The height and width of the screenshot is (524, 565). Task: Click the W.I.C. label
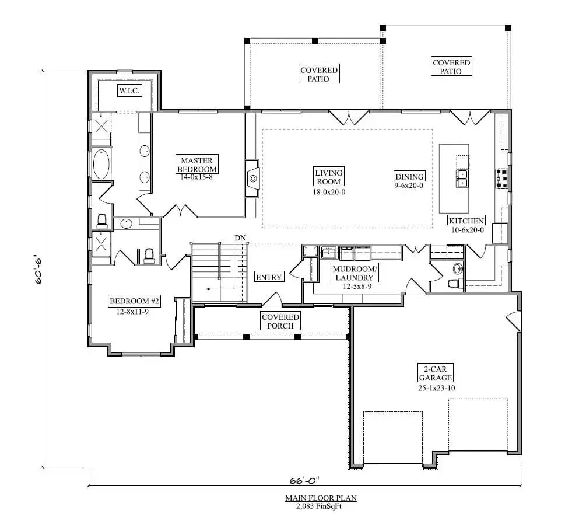[128, 90]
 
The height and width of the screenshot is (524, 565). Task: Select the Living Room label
[329, 177]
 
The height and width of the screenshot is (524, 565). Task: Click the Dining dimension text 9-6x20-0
[409, 186]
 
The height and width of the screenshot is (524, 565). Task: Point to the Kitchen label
[466, 221]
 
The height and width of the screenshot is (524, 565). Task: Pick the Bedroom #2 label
[134, 301]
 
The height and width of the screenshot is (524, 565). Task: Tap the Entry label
[269, 277]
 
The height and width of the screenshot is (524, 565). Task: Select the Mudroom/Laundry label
[355, 273]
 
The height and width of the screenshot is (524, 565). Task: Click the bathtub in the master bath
[101, 165]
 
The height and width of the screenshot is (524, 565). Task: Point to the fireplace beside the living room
[252, 178]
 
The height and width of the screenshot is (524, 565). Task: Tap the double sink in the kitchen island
[462, 178]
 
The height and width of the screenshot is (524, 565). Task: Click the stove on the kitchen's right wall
[501, 179]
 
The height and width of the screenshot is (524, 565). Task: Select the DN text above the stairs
[240, 238]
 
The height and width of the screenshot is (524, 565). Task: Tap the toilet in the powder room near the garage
[453, 284]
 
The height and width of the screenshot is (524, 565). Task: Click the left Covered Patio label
[319, 74]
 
